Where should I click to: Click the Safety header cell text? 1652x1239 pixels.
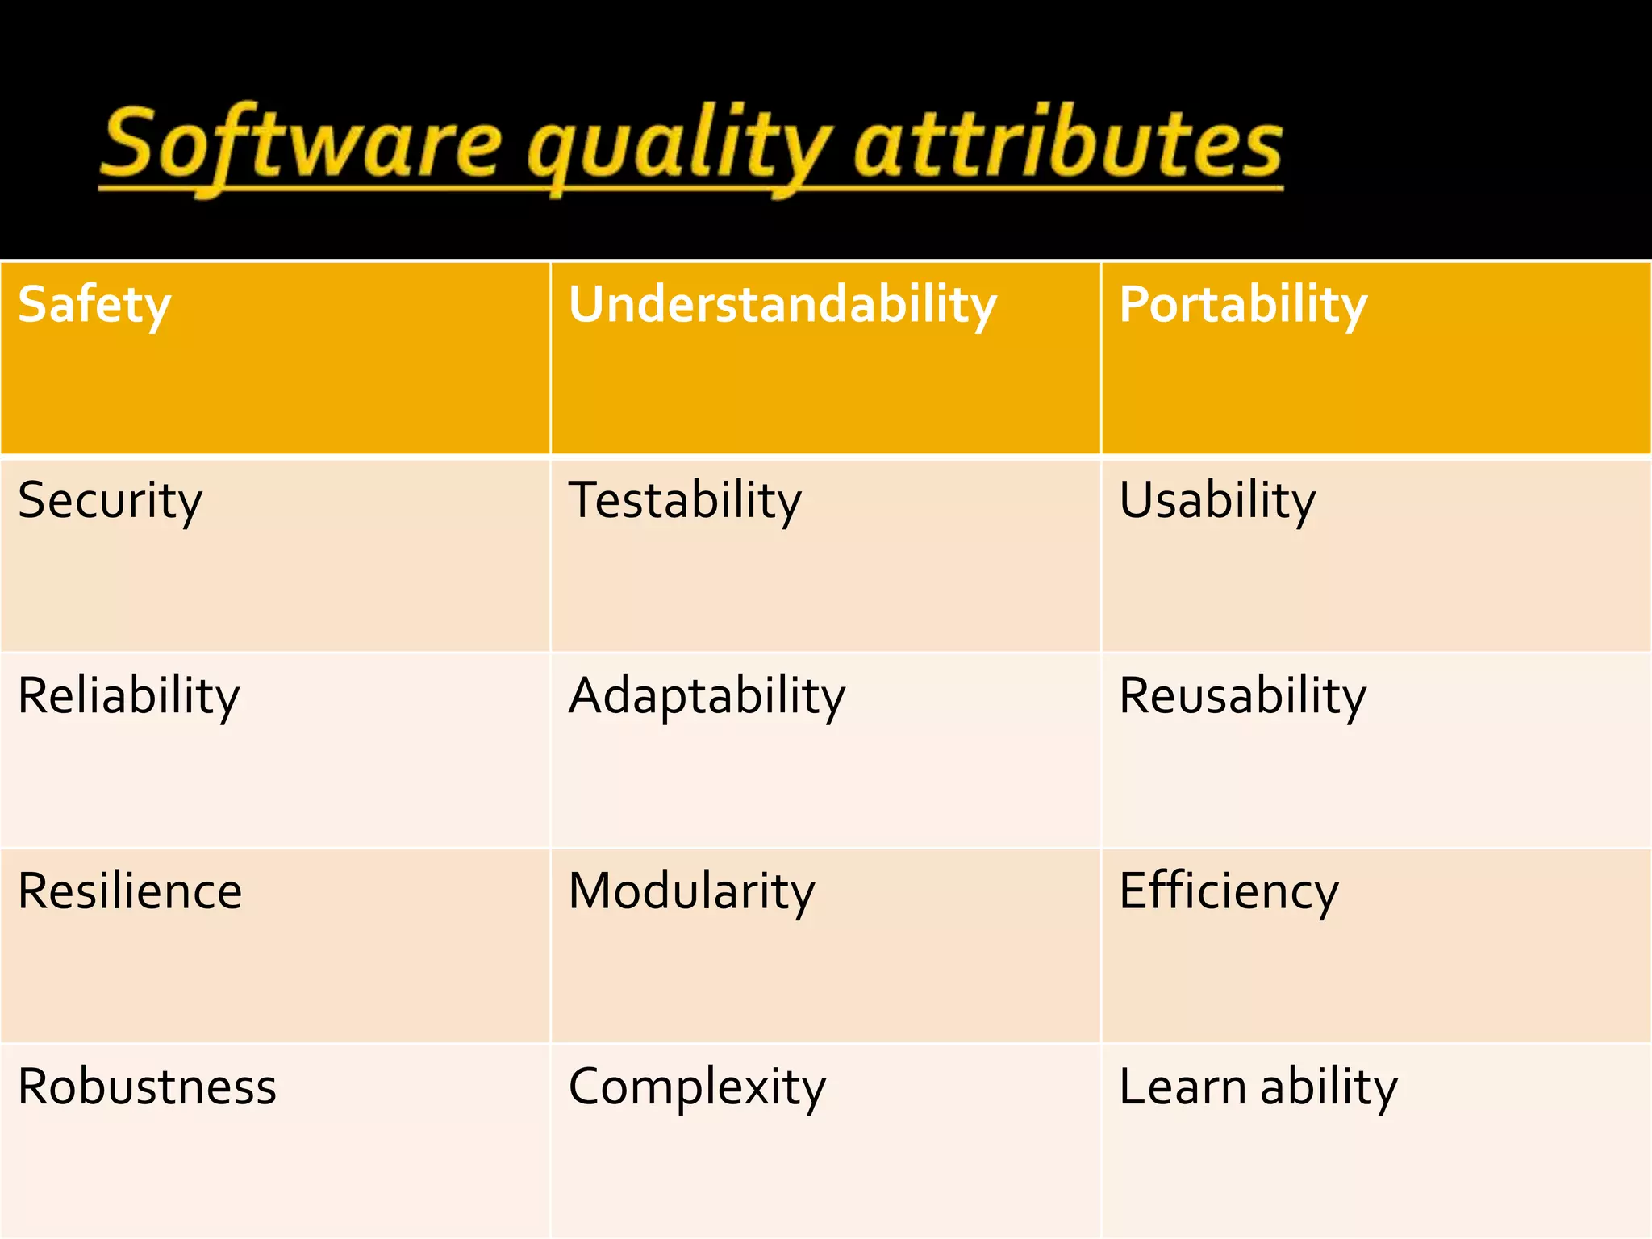[x=94, y=305]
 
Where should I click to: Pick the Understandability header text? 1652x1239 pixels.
[x=782, y=305]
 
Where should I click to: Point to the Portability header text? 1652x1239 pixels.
[x=1242, y=305]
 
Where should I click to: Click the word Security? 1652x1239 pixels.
[x=110, y=501]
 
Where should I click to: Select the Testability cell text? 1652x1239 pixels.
[x=685, y=501]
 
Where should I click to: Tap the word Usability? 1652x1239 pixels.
[x=1216, y=501]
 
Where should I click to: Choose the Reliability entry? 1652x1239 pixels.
[x=128, y=696]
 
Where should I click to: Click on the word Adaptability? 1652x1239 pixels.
[x=707, y=696]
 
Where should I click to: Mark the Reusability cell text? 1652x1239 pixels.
[x=1242, y=696]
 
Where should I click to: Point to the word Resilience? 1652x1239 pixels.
[x=130, y=891]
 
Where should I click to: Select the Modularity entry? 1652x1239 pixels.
[x=691, y=892]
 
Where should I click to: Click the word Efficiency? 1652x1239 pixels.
[x=1229, y=892]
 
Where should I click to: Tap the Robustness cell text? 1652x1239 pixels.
[x=147, y=1087]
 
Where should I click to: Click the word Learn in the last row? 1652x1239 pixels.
[x=1183, y=1087]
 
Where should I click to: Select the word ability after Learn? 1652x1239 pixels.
[x=1329, y=1087]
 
